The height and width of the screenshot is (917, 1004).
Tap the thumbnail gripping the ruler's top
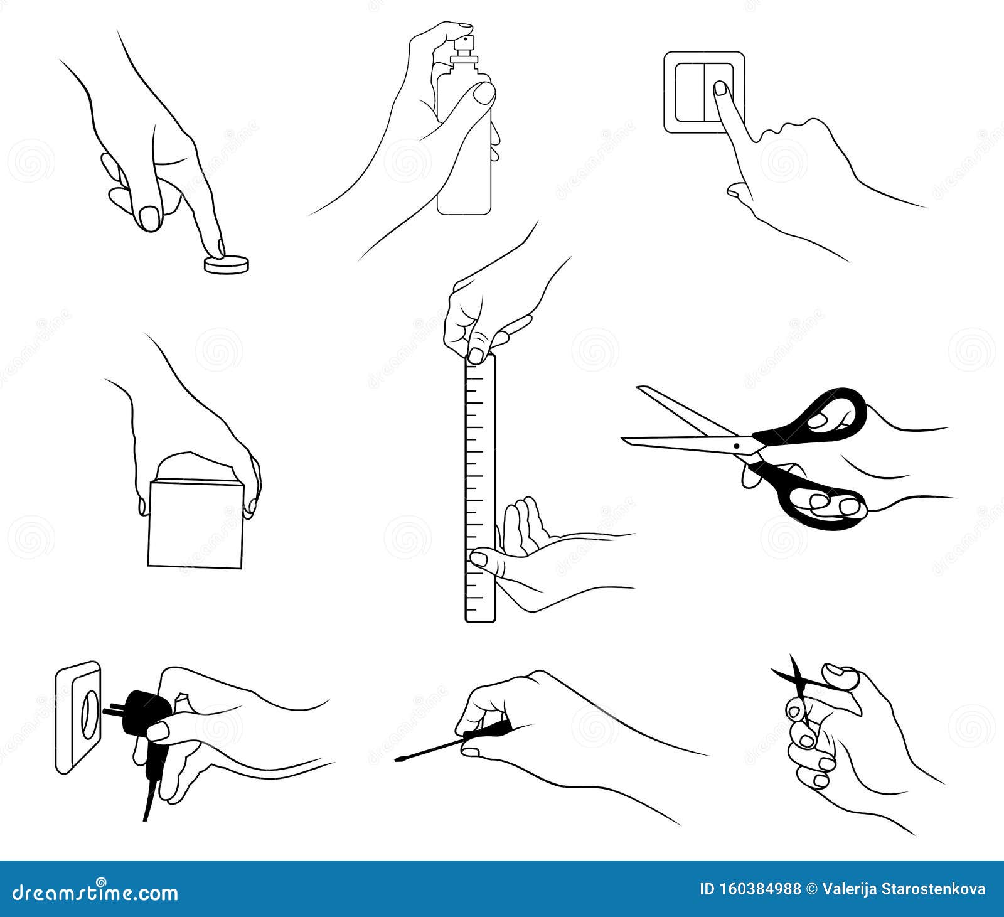tap(478, 353)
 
